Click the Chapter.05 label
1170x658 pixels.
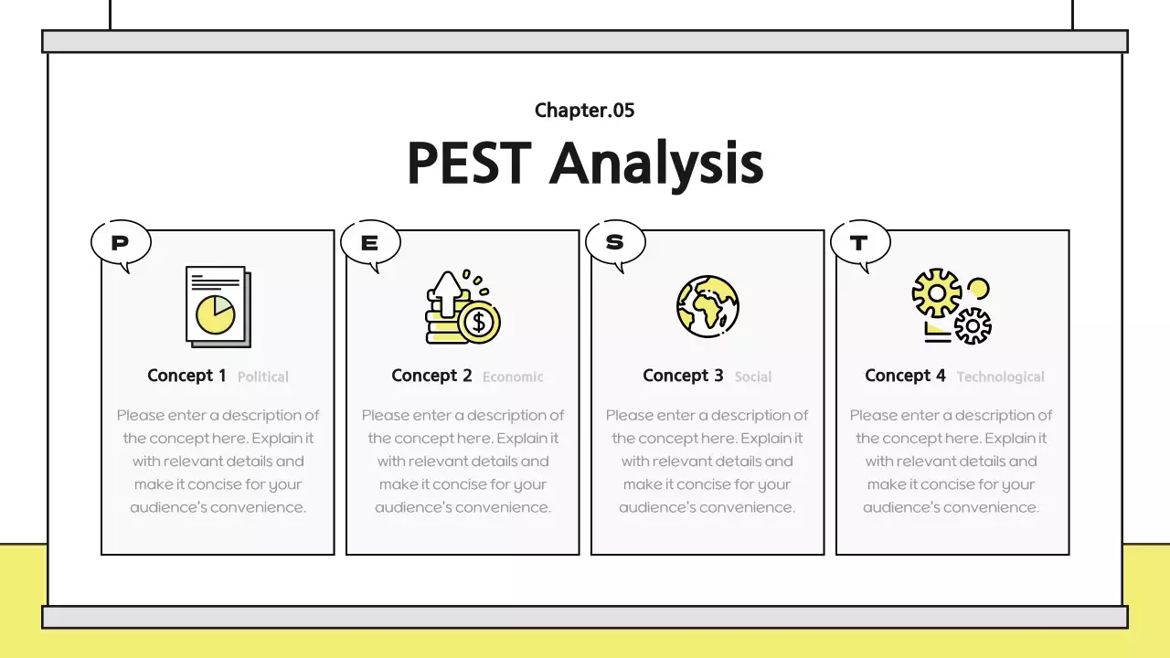pyautogui.click(x=584, y=111)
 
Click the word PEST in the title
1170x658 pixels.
pyautogui.click(x=468, y=164)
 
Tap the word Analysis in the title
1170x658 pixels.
pyautogui.click(x=656, y=165)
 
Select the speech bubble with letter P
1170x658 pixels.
pyautogui.click(x=121, y=243)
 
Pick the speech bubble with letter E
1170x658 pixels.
pyautogui.click(x=370, y=243)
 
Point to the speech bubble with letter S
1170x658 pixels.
pyautogui.click(x=615, y=242)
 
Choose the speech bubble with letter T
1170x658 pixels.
pyautogui.click(x=859, y=243)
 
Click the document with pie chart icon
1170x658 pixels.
pyautogui.click(x=218, y=307)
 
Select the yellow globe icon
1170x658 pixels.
pyautogui.click(x=707, y=306)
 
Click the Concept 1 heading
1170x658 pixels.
pyautogui.click(x=186, y=376)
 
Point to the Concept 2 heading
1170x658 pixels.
pyautogui.click(x=431, y=376)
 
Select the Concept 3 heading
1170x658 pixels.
pyautogui.click(x=683, y=376)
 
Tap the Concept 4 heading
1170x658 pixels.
pyautogui.click(x=905, y=376)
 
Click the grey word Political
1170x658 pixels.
pyautogui.click(x=263, y=377)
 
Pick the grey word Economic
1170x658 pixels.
pyautogui.click(x=513, y=377)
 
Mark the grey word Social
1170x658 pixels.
pyautogui.click(x=753, y=377)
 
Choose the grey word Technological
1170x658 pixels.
pyautogui.click(x=1000, y=377)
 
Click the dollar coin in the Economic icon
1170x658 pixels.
pyautogui.click(x=479, y=323)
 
